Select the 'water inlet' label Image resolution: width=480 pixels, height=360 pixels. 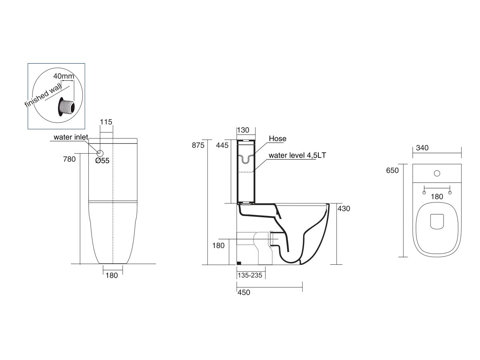coord(71,137)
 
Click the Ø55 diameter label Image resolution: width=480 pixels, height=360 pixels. coord(102,161)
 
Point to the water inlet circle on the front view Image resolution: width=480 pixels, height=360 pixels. coord(100,153)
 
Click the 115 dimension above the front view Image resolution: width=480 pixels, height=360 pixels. coord(106,122)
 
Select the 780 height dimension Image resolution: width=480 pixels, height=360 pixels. coord(69,159)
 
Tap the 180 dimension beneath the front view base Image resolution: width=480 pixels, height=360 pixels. coord(112,275)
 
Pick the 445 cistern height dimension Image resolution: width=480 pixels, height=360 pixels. coord(222,145)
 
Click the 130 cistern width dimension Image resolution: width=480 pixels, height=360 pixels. coord(243,130)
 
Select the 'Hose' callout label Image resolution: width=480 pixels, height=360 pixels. coord(278,139)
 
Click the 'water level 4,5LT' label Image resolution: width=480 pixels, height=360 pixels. coord(298,155)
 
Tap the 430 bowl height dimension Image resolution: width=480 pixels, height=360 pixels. coord(344,208)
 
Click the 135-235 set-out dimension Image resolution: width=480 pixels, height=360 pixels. coord(250,275)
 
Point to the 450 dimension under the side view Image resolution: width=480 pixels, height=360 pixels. coord(243,292)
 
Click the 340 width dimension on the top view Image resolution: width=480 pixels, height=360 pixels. coord(422,148)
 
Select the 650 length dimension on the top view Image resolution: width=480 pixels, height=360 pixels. coord(393,170)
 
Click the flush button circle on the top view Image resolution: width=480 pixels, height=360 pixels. coord(437,174)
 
